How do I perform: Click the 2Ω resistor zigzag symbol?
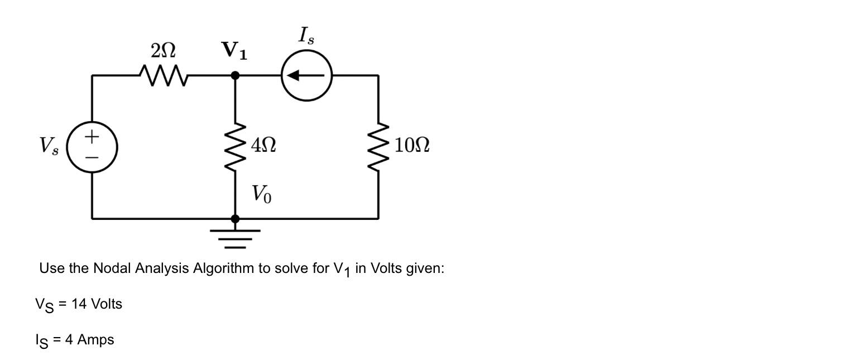point(163,75)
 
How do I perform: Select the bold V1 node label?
point(234,51)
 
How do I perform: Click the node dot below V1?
point(235,75)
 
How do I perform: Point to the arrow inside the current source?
point(305,75)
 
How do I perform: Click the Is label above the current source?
point(306,36)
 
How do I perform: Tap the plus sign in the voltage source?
point(92,136)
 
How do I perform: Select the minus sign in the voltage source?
point(92,158)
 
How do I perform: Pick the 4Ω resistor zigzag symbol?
point(235,146)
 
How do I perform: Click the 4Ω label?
point(263,146)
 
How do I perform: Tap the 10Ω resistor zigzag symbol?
point(379,146)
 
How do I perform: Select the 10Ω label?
point(412,146)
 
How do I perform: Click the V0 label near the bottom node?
point(261,194)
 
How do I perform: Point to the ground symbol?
point(235,238)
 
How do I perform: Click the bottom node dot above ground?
point(235,219)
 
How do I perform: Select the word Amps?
point(95,340)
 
